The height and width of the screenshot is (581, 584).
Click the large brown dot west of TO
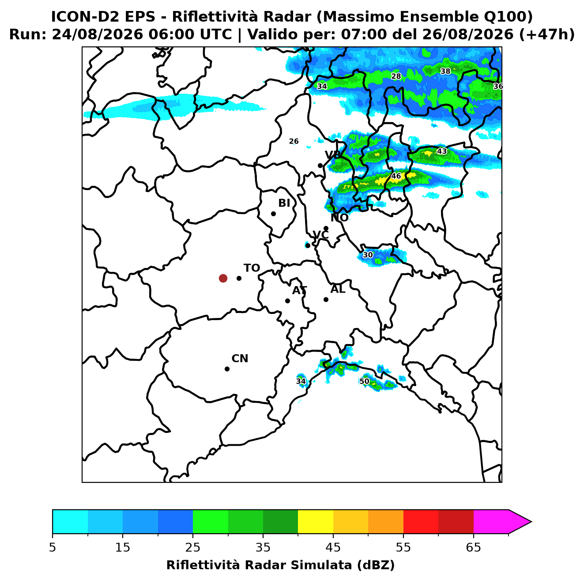pos(223,278)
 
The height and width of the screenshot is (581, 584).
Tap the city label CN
pos(240,359)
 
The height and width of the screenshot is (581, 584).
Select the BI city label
pos(284,203)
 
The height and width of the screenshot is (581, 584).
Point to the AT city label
pos(299,290)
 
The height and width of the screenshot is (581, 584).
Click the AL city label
pos(338,289)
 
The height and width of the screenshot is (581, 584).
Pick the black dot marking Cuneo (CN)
pos(227,369)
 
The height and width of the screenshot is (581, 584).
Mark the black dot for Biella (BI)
pos(273,214)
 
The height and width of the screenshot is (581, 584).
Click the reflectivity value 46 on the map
pos(396,176)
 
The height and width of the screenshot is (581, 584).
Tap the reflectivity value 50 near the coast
pos(364,381)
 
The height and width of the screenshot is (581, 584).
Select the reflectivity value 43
pos(442,151)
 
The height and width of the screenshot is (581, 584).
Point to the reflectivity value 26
pos(294,141)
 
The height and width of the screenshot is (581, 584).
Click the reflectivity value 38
pos(445,71)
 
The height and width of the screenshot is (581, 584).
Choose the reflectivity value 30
pos(368,255)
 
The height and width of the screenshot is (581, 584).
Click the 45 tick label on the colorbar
pos(333,547)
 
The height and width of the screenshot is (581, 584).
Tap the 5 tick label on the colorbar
pos(53,547)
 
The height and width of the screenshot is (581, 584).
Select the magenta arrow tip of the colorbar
pos(531,522)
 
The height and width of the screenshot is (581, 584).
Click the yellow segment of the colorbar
pos(316,522)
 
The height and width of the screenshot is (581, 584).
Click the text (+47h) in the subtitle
pos(547,34)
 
